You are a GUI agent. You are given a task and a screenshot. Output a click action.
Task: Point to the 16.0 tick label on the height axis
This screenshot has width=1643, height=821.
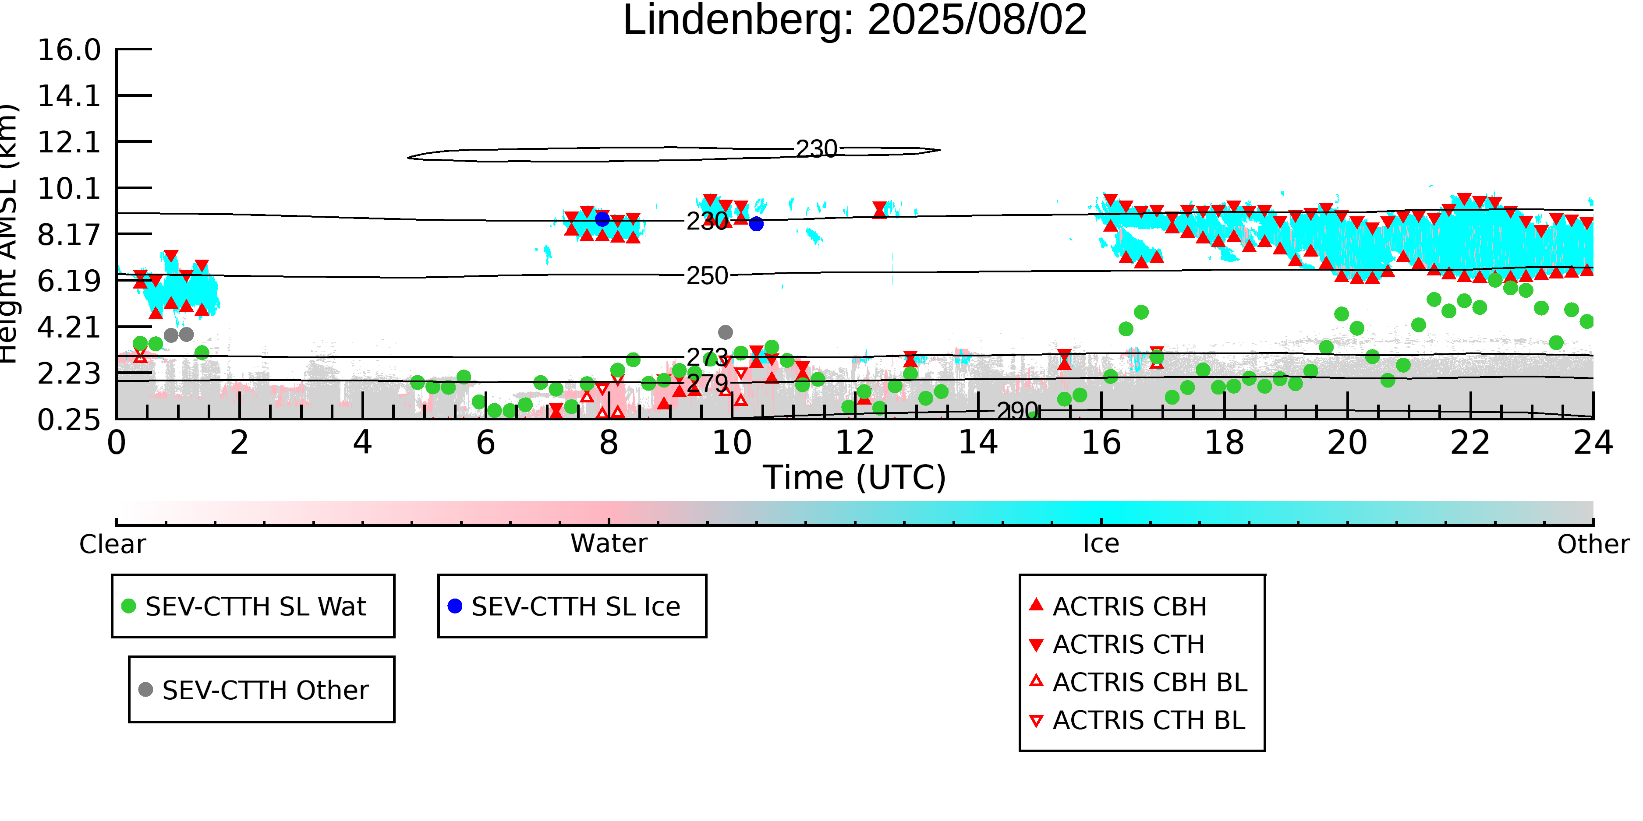(69, 50)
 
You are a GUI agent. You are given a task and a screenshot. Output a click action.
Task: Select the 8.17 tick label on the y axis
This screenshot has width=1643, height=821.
(69, 235)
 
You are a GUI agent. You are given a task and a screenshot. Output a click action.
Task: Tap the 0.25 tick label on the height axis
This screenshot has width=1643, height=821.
(69, 420)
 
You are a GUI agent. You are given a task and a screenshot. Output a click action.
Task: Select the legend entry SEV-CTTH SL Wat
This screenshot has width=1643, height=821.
(255, 606)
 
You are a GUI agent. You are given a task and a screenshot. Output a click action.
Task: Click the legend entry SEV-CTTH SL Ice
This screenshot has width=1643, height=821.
(575, 606)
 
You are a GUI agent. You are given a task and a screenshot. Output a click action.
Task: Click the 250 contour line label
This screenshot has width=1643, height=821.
(707, 276)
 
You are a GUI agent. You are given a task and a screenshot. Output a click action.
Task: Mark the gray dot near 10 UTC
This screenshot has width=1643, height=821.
(725, 332)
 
